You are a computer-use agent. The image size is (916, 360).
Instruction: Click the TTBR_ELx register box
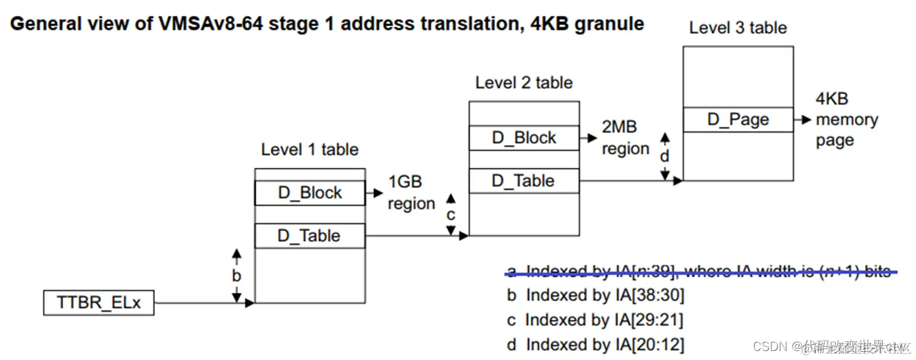pyautogui.click(x=98, y=303)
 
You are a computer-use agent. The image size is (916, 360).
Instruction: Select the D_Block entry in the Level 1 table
pyautogui.click(x=310, y=193)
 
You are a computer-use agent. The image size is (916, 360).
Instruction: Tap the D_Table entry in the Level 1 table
pyautogui.click(x=310, y=236)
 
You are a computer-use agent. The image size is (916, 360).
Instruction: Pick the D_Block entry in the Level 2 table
pyautogui.click(x=524, y=138)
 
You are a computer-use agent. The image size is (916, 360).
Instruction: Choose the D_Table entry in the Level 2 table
pyautogui.click(x=524, y=181)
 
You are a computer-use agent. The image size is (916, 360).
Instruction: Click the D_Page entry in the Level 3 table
pyautogui.click(x=738, y=120)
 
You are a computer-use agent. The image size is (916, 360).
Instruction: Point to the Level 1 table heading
pyautogui.click(x=310, y=149)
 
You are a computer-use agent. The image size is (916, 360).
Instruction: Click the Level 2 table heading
pyautogui.click(x=524, y=83)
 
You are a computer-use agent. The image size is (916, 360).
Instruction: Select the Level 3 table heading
pyautogui.click(x=738, y=28)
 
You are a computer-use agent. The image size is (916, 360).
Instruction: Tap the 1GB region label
pyautogui.click(x=411, y=193)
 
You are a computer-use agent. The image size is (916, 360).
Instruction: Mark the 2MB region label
pyautogui.click(x=625, y=138)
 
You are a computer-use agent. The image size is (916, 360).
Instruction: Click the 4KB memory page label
pyautogui.click(x=846, y=120)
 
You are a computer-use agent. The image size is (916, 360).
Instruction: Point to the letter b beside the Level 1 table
pyautogui.click(x=236, y=276)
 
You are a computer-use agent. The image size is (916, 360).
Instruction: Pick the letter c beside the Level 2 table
pyautogui.click(x=451, y=215)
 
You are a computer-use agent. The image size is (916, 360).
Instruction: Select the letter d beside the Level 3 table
pyautogui.click(x=664, y=156)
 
